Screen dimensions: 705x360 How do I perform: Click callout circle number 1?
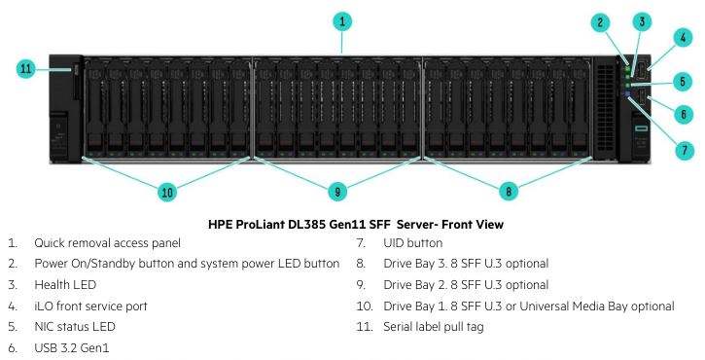click(x=342, y=21)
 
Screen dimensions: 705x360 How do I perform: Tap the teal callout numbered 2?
click(x=601, y=22)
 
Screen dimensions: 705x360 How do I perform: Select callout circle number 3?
click(x=642, y=21)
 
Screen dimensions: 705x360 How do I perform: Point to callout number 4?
click(x=683, y=37)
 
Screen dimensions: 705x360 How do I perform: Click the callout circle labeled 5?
click(x=683, y=82)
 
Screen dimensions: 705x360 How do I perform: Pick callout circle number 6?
click(x=684, y=114)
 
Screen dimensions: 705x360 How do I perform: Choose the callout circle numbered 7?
click(x=685, y=150)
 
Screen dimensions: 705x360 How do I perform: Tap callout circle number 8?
click(x=509, y=192)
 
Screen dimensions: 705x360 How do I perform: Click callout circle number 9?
click(x=337, y=192)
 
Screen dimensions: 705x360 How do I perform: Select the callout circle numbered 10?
click(x=167, y=193)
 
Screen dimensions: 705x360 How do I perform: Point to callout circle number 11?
click(x=26, y=69)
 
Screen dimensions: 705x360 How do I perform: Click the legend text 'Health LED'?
click(x=65, y=285)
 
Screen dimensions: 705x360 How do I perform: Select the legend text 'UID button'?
click(x=412, y=243)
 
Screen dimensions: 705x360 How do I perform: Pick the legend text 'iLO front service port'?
click(x=90, y=306)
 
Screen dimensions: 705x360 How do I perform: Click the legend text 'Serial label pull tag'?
click(x=434, y=327)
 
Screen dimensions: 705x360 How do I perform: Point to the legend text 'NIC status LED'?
click(x=75, y=327)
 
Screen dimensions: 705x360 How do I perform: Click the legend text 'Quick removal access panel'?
click(x=108, y=243)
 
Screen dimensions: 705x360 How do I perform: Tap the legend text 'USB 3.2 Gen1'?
click(x=72, y=348)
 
